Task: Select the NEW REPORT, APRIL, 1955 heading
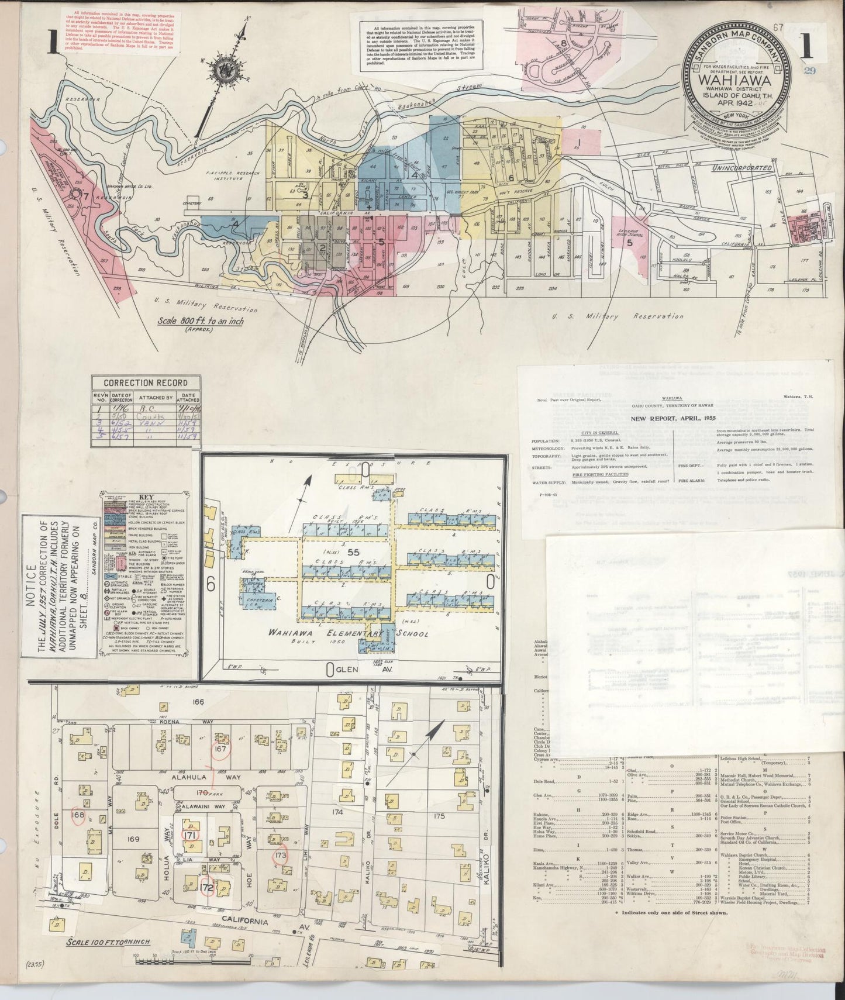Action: coord(673,419)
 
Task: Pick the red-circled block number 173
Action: coord(281,857)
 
